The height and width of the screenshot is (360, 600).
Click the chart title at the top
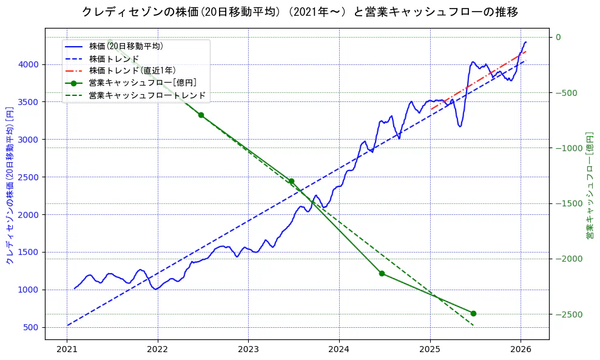(300, 12)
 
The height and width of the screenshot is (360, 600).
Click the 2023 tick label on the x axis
(248, 349)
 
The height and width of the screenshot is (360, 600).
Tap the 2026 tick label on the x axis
(521, 349)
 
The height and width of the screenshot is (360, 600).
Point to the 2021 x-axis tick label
(67, 349)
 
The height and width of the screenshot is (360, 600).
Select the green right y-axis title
(589, 185)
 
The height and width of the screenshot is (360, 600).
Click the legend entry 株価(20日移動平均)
(126, 46)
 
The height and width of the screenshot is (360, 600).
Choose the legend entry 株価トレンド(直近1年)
(133, 70)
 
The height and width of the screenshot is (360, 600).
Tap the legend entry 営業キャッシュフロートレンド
(147, 95)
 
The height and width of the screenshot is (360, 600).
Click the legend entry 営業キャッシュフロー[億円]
(142, 83)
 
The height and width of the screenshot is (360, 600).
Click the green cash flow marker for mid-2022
(201, 115)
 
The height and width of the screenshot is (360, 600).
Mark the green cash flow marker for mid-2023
(291, 182)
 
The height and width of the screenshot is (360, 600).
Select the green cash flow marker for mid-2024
(382, 273)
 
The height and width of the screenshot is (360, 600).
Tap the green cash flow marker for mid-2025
(473, 313)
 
